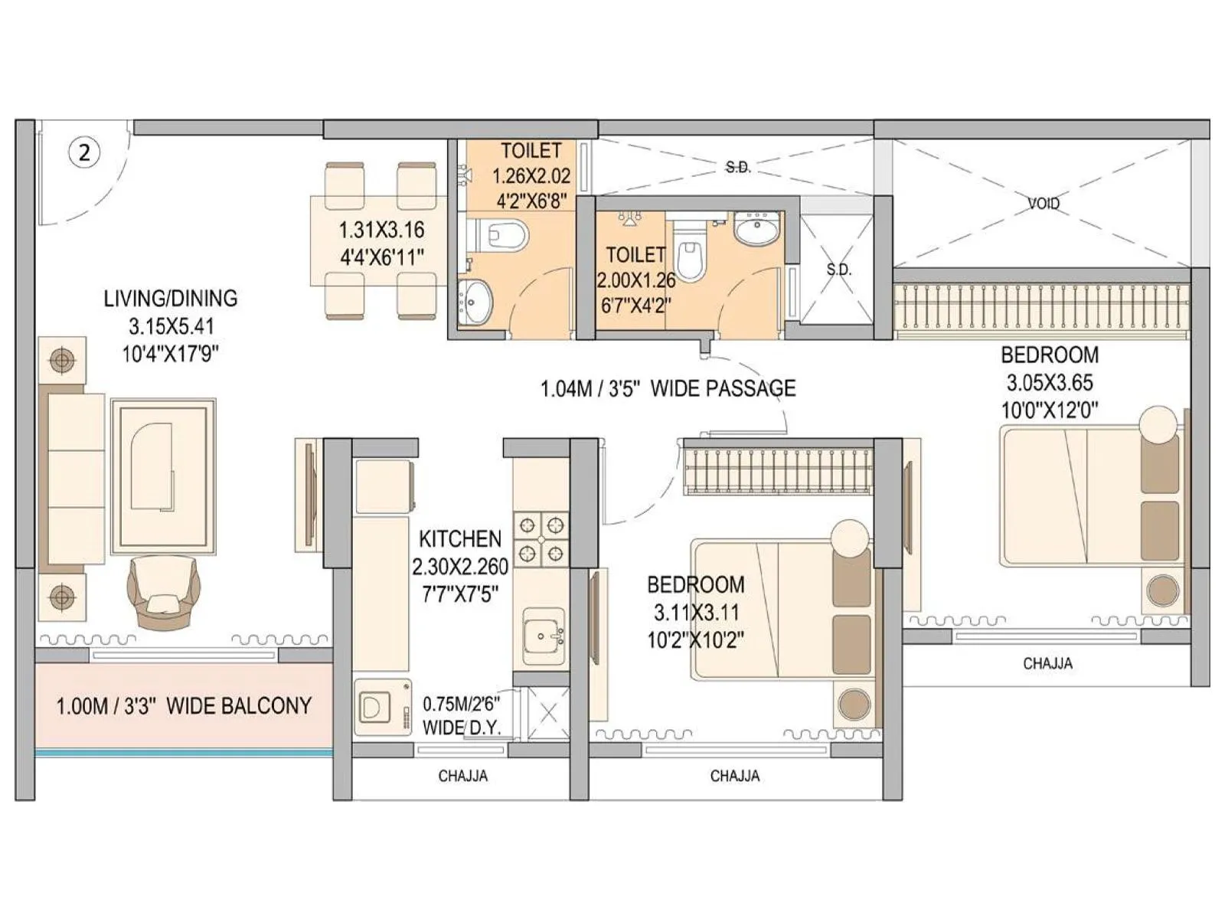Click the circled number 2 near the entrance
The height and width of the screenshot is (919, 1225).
84,152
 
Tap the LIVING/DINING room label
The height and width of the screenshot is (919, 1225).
171,298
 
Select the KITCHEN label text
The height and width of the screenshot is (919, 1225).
460,539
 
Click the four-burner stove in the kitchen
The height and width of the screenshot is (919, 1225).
541,538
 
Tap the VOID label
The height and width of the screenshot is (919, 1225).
1044,203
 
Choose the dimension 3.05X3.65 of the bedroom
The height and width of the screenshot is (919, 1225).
1050,382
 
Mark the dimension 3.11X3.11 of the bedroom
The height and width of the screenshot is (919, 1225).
696,612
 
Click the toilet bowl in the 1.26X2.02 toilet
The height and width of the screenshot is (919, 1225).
505,234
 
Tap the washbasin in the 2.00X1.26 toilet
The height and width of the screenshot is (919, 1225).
756,227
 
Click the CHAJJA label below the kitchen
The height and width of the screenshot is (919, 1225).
462,776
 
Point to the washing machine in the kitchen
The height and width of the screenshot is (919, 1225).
382,707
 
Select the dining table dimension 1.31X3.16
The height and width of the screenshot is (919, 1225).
381,230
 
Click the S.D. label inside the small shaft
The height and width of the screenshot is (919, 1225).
838,270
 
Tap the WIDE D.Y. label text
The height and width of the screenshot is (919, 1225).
461,728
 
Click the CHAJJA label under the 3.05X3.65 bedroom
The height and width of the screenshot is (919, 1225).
1047,663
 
